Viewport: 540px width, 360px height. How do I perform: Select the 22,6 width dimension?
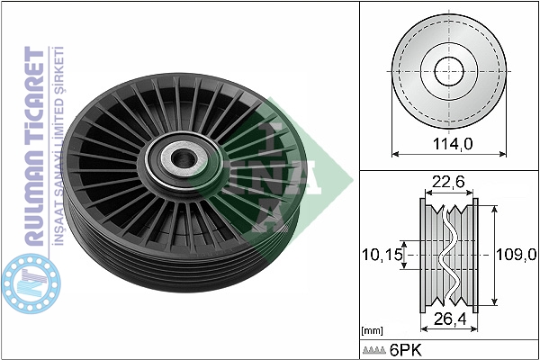pos(448,182)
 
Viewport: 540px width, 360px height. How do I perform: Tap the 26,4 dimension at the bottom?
pos(450,319)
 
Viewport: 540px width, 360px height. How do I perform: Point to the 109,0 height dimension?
pos(516,255)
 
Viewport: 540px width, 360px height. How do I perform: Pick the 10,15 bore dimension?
pos(382,255)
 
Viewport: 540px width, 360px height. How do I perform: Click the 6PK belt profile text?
pos(405,350)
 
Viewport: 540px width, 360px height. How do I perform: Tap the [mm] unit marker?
pos(373,331)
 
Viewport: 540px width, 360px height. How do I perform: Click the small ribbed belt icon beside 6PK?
pos(374,350)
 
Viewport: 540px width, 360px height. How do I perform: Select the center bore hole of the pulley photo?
pos(184,158)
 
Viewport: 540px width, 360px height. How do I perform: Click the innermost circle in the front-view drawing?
pos(449,71)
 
